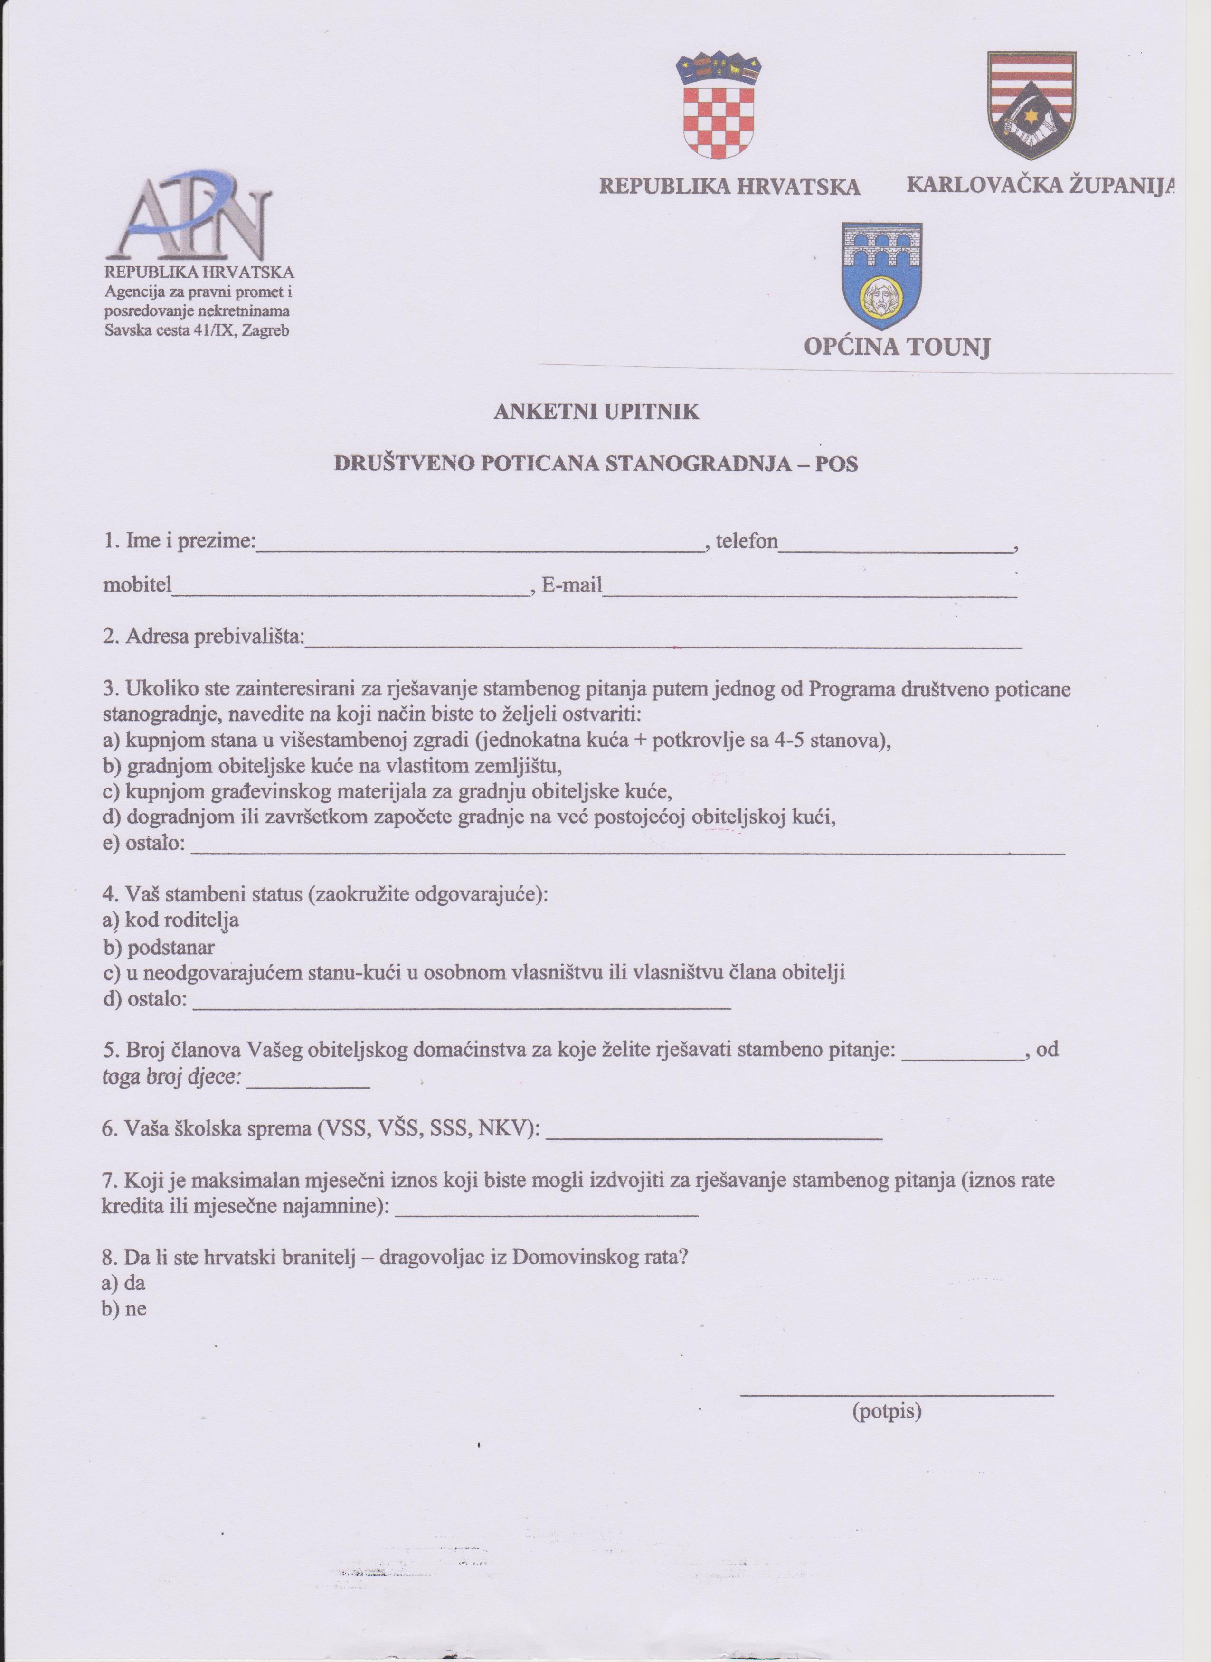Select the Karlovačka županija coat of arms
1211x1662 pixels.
point(1031,105)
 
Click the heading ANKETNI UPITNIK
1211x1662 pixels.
point(596,412)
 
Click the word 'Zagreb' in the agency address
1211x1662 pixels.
point(265,330)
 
